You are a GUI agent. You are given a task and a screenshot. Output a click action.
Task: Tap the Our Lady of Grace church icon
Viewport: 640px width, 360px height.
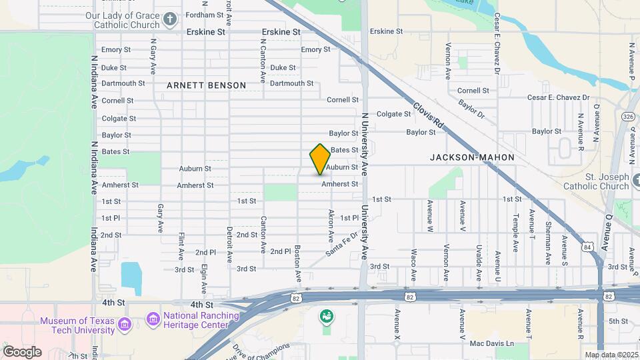[171, 18]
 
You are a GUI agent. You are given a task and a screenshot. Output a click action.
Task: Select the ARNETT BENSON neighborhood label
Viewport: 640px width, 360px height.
[206, 85]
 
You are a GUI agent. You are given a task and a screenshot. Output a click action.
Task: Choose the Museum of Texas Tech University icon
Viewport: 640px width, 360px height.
[125, 325]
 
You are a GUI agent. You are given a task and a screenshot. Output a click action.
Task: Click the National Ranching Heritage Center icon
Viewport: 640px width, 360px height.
[153, 320]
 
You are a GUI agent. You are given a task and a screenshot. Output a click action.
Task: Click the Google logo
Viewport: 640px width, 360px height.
[22, 351]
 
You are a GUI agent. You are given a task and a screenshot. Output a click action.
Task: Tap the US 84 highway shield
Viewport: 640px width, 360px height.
[587, 246]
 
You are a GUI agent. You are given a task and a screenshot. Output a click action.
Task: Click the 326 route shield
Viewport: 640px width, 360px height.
[627, 117]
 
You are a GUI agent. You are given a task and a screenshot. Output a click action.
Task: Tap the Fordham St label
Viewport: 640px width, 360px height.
[205, 15]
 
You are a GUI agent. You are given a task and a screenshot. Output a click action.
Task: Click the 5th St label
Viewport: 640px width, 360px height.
[618, 321]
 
